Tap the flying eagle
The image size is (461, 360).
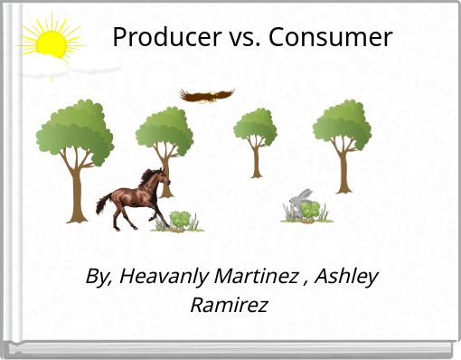pyautogui.click(x=206, y=95)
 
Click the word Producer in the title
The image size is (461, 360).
pyautogui.click(x=160, y=38)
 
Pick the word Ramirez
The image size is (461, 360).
pyautogui.click(x=229, y=305)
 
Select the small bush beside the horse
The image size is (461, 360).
pyautogui.click(x=182, y=220)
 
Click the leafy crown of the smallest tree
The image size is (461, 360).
pyautogui.click(x=256, y=126)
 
